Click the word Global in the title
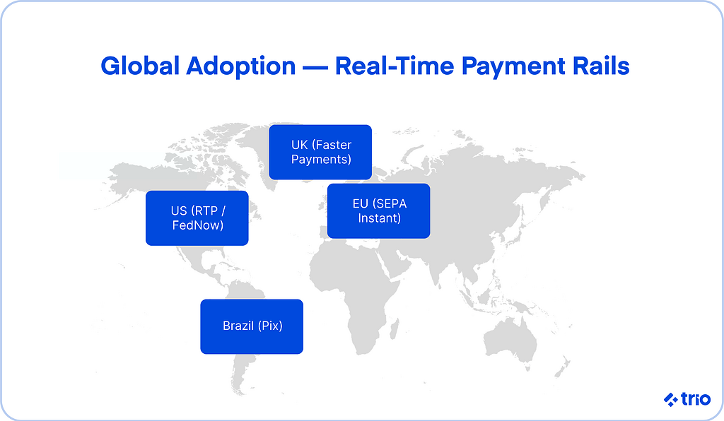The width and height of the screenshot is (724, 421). click(x=139, y=66)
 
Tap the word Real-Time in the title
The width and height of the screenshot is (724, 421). click(x=395, y=66)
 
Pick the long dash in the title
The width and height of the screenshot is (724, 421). click(x=315, y=68)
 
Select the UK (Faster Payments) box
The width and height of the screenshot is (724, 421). click(x=320, y=152)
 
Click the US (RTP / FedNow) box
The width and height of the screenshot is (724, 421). click(x=197, y=218)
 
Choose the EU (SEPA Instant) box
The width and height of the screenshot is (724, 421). click(x=379, y=210)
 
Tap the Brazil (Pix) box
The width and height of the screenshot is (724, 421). click(x=252, y=326)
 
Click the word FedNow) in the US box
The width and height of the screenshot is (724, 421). click(x=198, y=225)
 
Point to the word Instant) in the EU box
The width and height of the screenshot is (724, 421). click(x=379, y=218)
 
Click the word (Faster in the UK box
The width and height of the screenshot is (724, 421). click(x=332, y=146)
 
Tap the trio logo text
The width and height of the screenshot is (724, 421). click(x=696, y=399)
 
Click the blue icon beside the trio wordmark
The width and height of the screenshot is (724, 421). click(x=671, y=400)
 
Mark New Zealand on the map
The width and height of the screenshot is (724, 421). click(x=563, y=368)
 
